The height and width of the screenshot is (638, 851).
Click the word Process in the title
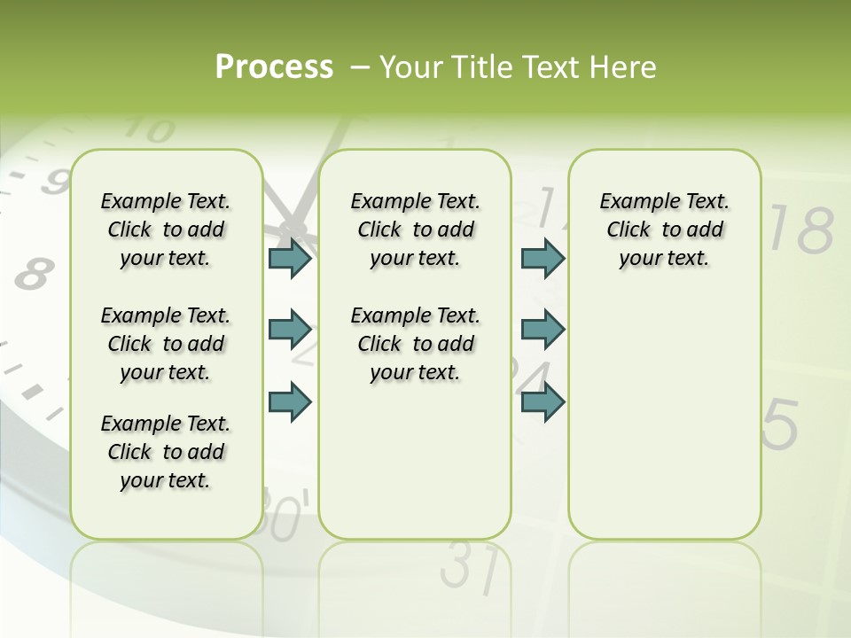coord(274,66)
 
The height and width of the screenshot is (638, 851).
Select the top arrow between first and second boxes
coord(290,259)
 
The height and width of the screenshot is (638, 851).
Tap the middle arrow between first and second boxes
coord(290,330)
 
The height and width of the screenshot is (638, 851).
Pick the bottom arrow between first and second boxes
coord(290,401)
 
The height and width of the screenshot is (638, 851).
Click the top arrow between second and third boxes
coord(543,259)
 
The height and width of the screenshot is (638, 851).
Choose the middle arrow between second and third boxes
coord(543,330)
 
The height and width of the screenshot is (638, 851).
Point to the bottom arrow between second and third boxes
coord(543,401)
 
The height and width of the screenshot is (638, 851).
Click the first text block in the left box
coord(166,230)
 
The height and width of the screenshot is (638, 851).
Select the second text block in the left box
coord(166,344)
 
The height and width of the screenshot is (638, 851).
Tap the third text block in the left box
coord(166,452)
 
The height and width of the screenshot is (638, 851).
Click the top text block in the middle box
coord(415,230)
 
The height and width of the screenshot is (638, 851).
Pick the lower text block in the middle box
coord(415,344)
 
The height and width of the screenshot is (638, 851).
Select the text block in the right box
coord(664,230)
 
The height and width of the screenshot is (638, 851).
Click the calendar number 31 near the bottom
coord(468,567)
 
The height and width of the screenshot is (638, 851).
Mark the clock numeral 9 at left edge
coord(56,182)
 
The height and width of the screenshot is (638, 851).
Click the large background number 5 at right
coord(780,424)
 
